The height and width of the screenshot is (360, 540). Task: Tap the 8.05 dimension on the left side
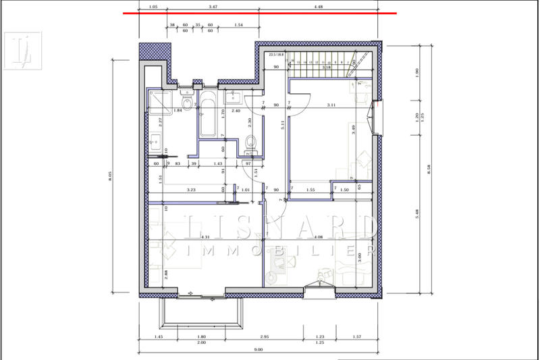click(x=110, y=177)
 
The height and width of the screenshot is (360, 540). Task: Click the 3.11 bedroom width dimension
click(x=331, y=105)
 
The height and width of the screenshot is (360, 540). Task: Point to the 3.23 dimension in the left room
click(x=191, y=190)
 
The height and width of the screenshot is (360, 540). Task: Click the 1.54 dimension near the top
click(x=238, y=24)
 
